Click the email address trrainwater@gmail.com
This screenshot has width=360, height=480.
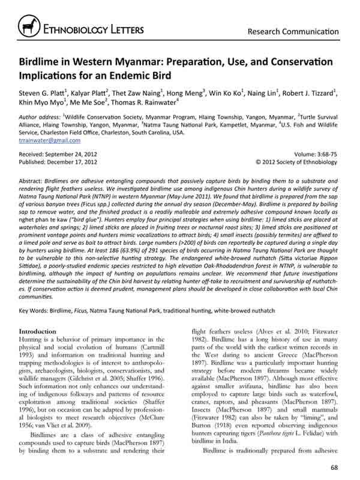tap(50, 139)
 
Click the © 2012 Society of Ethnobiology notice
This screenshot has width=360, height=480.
tap(298, 161)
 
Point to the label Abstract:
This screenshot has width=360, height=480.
tap(33, 179)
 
